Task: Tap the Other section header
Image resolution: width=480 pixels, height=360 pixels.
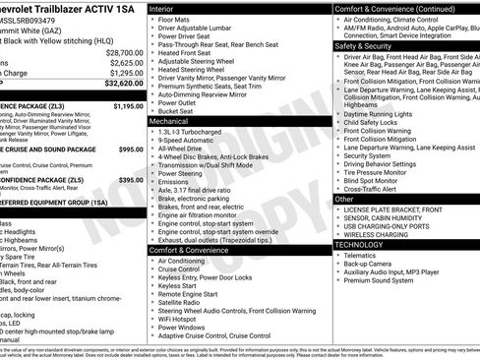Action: click(345, 199)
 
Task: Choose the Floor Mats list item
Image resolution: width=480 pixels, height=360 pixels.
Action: click(174, 19)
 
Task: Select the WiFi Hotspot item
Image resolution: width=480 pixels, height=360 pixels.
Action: click(184, 319)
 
